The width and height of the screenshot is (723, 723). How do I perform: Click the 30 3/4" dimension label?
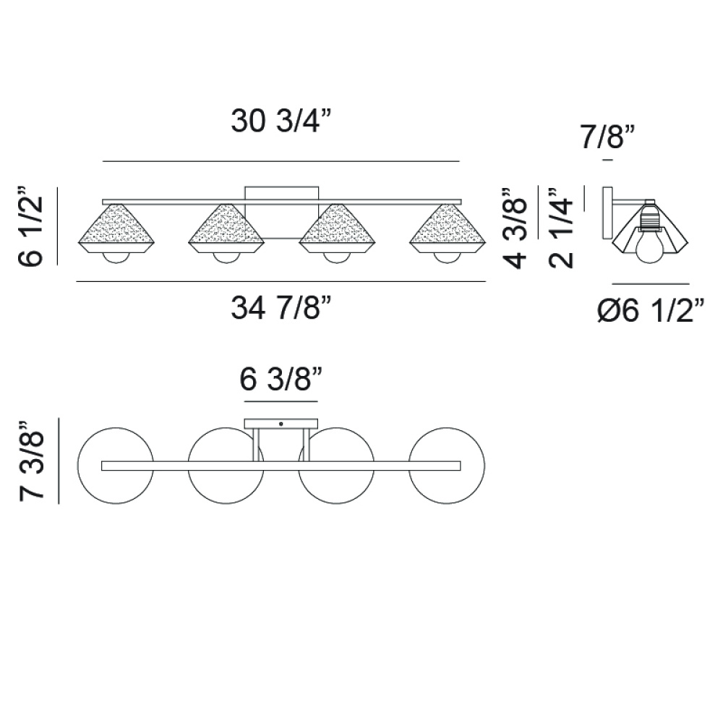coord(281,121)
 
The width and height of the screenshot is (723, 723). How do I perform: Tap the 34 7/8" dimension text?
coord(281,307)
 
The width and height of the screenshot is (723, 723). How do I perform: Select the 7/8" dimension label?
coord(608,137)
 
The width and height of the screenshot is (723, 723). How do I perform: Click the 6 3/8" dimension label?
coord(281,379)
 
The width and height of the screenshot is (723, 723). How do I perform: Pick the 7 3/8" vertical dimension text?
coord(31,461)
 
